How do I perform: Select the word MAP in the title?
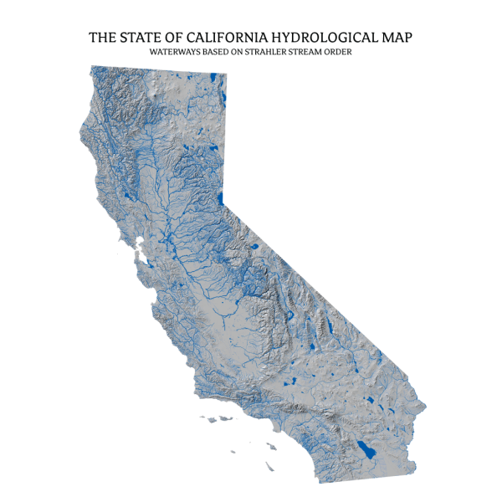click(398, 38)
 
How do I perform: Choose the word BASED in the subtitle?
click(215, 52)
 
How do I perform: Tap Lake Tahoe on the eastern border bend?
click(220, 199)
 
